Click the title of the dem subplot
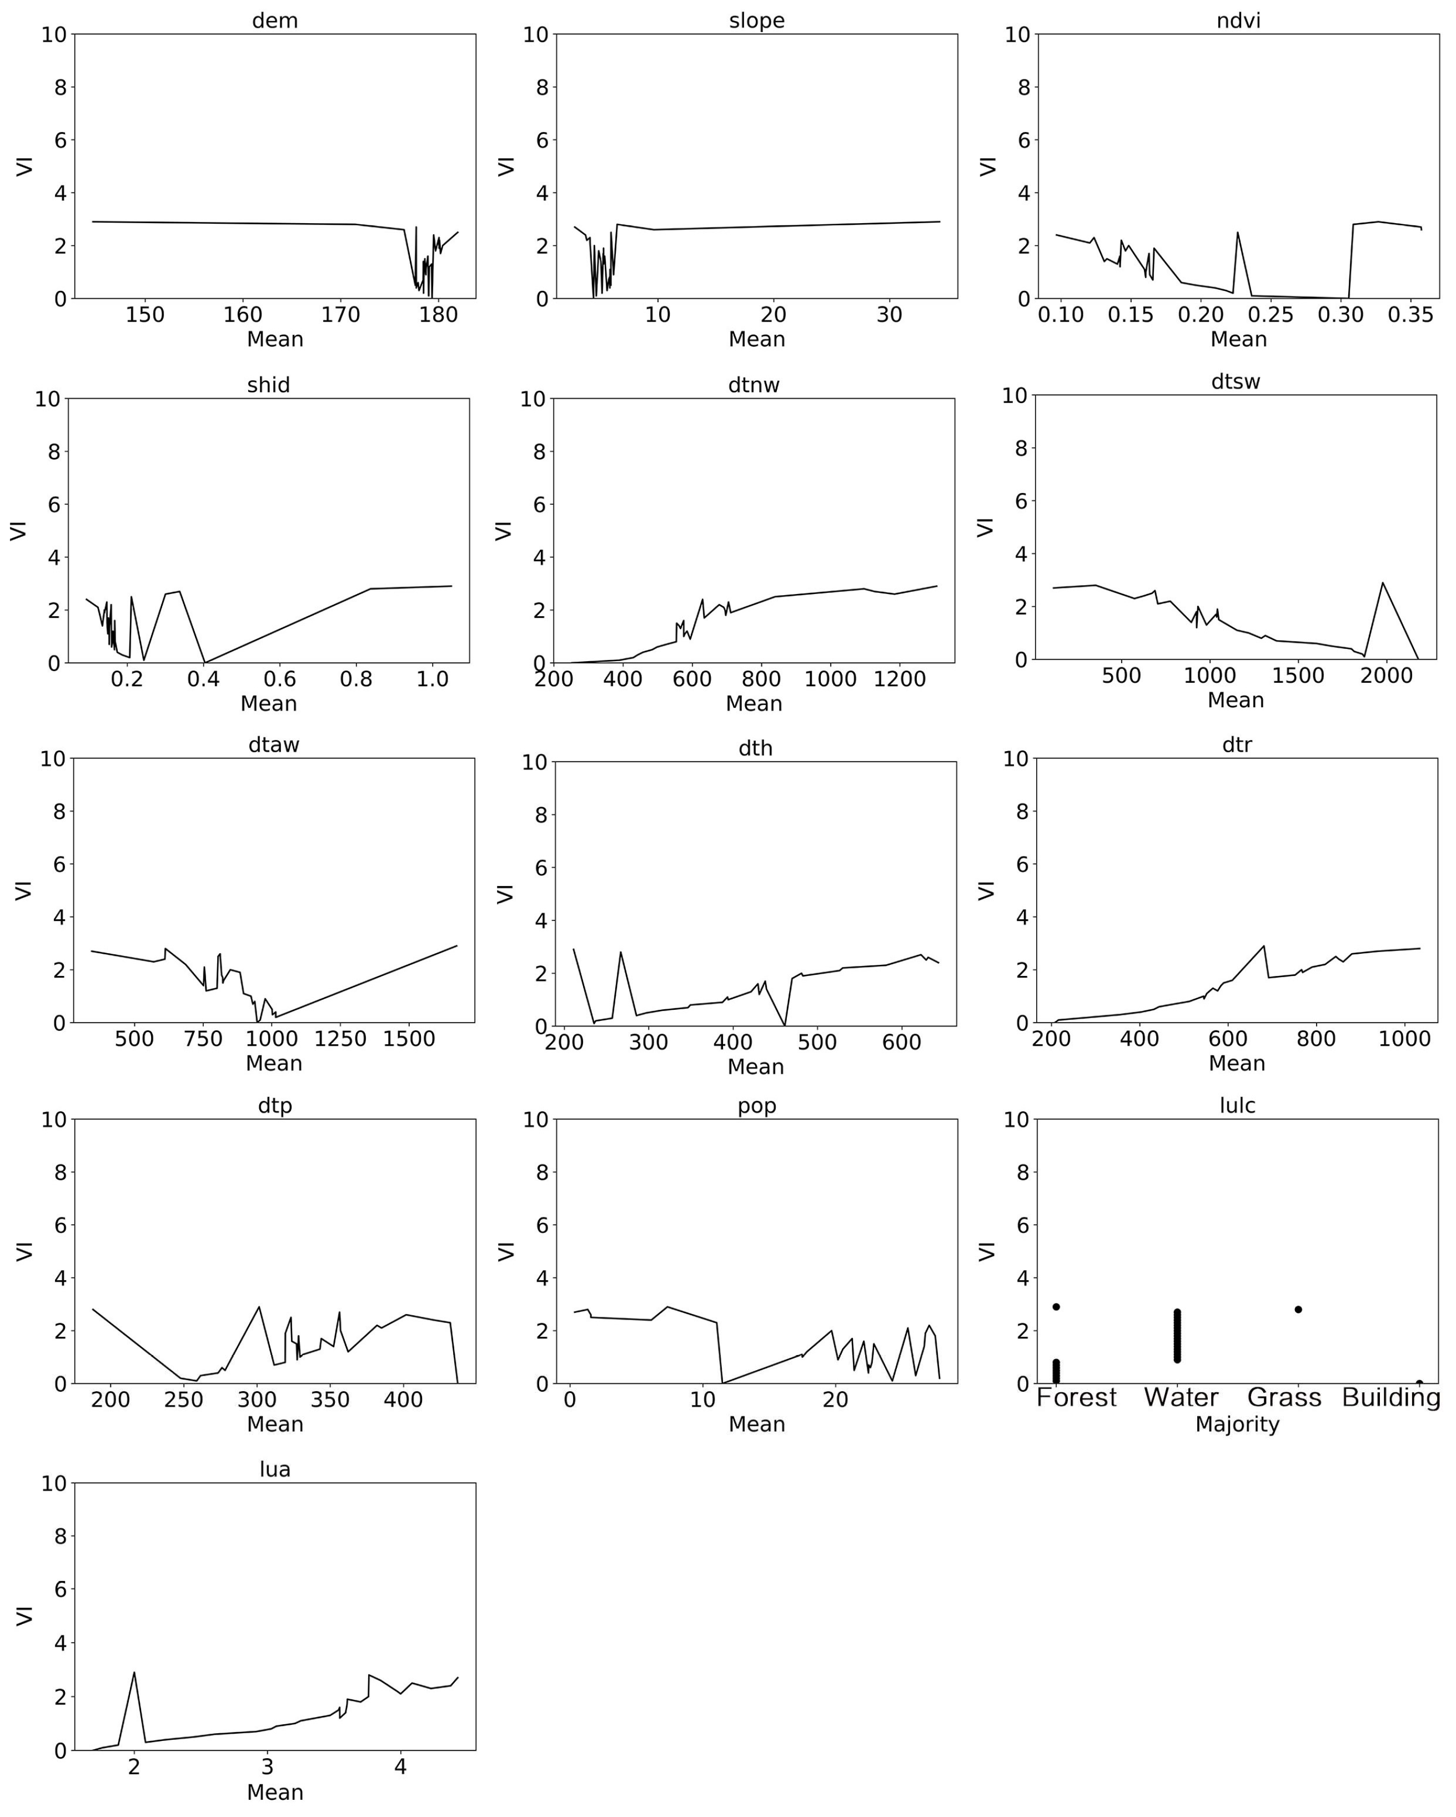pyautogui.click(x=275, y=20)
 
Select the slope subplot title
pyautogui.click(x=756, y=20)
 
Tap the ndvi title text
pyautogui.click(x=1238, y=20)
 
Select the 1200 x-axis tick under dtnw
pyautogui.click(x=900, y=680)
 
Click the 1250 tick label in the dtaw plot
pyautogui.click(x=340, y=1039)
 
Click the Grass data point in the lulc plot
pyautogui.click(x=1298, y=1310)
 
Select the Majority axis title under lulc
pyautogui.click(x=1237, y=1425)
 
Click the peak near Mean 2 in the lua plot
pyautogui.click(x=134, y=1673)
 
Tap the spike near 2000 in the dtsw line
pyautogui.click(x=1383, y=583)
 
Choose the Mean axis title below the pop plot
pyautogui.click(x=756, y=1425)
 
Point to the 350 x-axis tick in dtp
pyautogui.click(x=330, y=1400)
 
